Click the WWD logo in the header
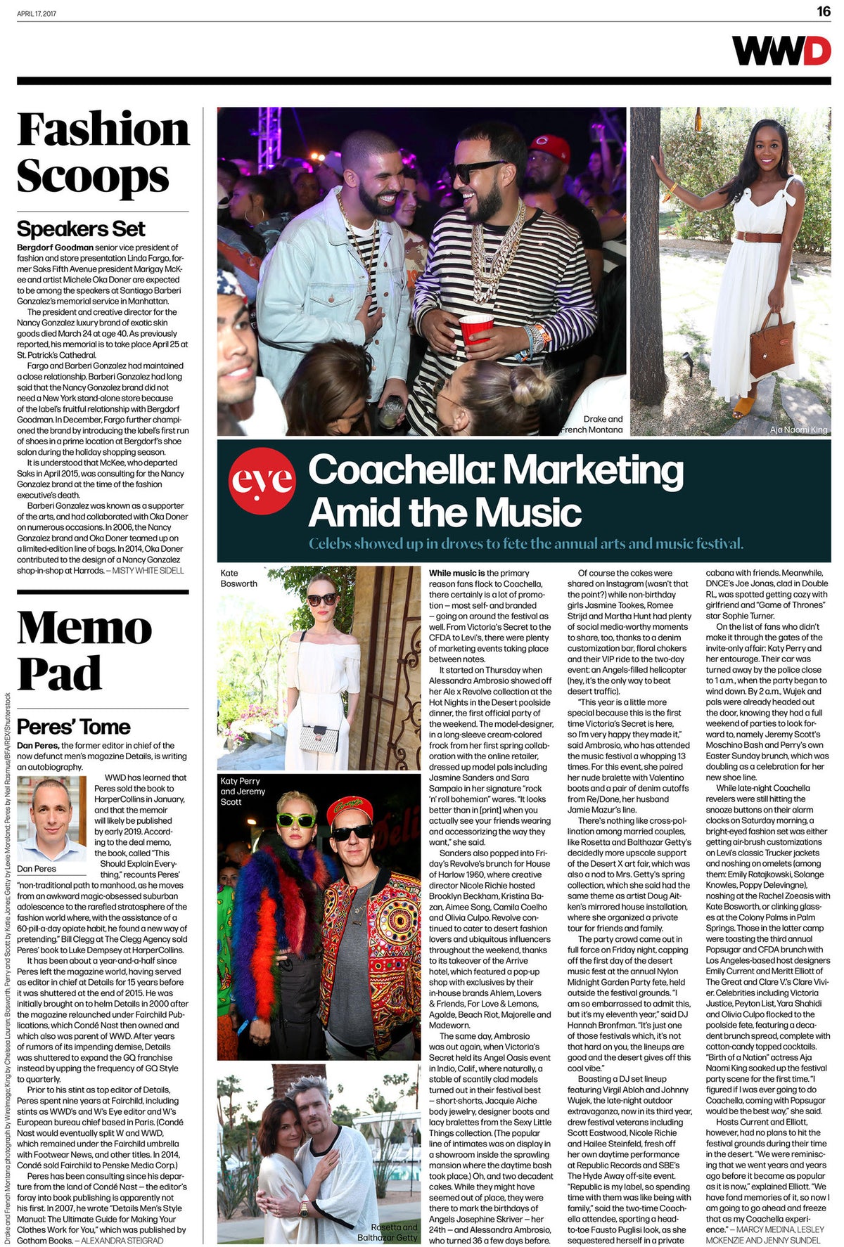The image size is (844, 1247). pyautogui.click(x=781, y=51)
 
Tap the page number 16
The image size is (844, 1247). pyautogui.click(x=823, y=12)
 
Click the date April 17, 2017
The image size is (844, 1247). pyautogui.click(x=37, y=13)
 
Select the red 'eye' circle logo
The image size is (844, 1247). pyautogui.click(x=262, y=480)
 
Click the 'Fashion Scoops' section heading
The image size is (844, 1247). pyautogui.click(x=103, y=152)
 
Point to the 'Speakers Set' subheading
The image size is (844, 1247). pyautogui.click(x=81, y=229)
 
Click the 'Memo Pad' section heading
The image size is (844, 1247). pyautogui.click(x=84, y=650)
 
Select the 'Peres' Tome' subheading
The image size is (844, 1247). pyautogui.click(x=74, y=727)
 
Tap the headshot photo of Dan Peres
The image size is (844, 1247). pyautogui.click(x=52, y=819)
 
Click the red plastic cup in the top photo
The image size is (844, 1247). pyautogui.click(x=476, y=328)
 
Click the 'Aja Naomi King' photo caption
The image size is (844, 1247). pyautogui.click(x=798, y=429)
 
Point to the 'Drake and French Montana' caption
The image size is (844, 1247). pyautogui.click(x=592, y=425)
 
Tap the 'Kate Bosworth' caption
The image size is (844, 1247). pyautogui.click(x=238, y=579)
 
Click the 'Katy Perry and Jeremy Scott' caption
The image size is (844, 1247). pyautogui.click(x=243, y=792)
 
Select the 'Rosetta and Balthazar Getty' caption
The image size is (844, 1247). pyautogui.click(x=388, y=1232)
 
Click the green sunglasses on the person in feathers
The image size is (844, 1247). pyautogui.click(x=296, y=820)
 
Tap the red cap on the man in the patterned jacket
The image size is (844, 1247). pyautogui.click(x=349, y=809)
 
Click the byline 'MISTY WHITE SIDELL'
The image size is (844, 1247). pyautogui.click(x=148, y=571)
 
